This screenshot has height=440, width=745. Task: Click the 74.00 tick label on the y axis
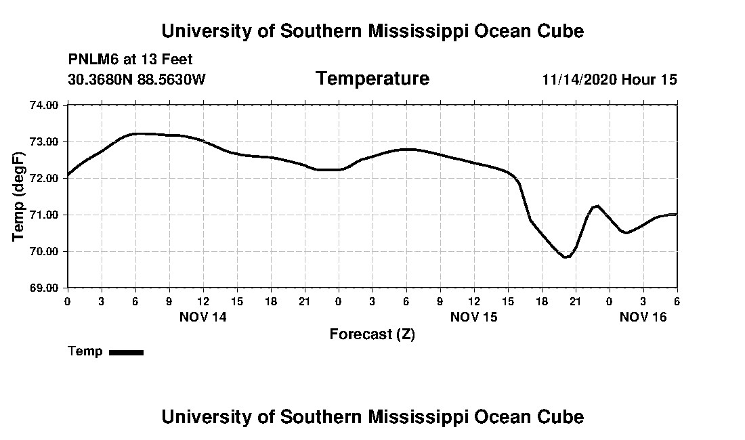[45, 105]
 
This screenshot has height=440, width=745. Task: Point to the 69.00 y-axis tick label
[45, 288]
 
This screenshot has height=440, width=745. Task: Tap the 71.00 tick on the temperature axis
[45, 215]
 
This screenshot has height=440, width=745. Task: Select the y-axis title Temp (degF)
[19, 196]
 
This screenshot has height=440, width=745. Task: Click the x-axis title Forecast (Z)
[372, 334]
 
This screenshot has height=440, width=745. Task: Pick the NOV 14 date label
[203, 317]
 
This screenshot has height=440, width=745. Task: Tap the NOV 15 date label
[474, 317]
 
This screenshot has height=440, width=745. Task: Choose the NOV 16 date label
[643, 317]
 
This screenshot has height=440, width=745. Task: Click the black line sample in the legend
[126, 352]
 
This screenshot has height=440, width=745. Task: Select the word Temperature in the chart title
[372, 79]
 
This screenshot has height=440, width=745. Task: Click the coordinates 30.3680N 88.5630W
[137, 80]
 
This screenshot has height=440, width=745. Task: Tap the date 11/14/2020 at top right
[578, 80]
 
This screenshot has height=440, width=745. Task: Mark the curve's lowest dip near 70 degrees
[566, 257]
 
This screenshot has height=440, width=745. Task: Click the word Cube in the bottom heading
[561, 417]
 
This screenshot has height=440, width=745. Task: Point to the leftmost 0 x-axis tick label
[67, 301]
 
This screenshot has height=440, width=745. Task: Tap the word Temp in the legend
[85, 351]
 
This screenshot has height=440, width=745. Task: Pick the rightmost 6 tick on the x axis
[677, 301]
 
